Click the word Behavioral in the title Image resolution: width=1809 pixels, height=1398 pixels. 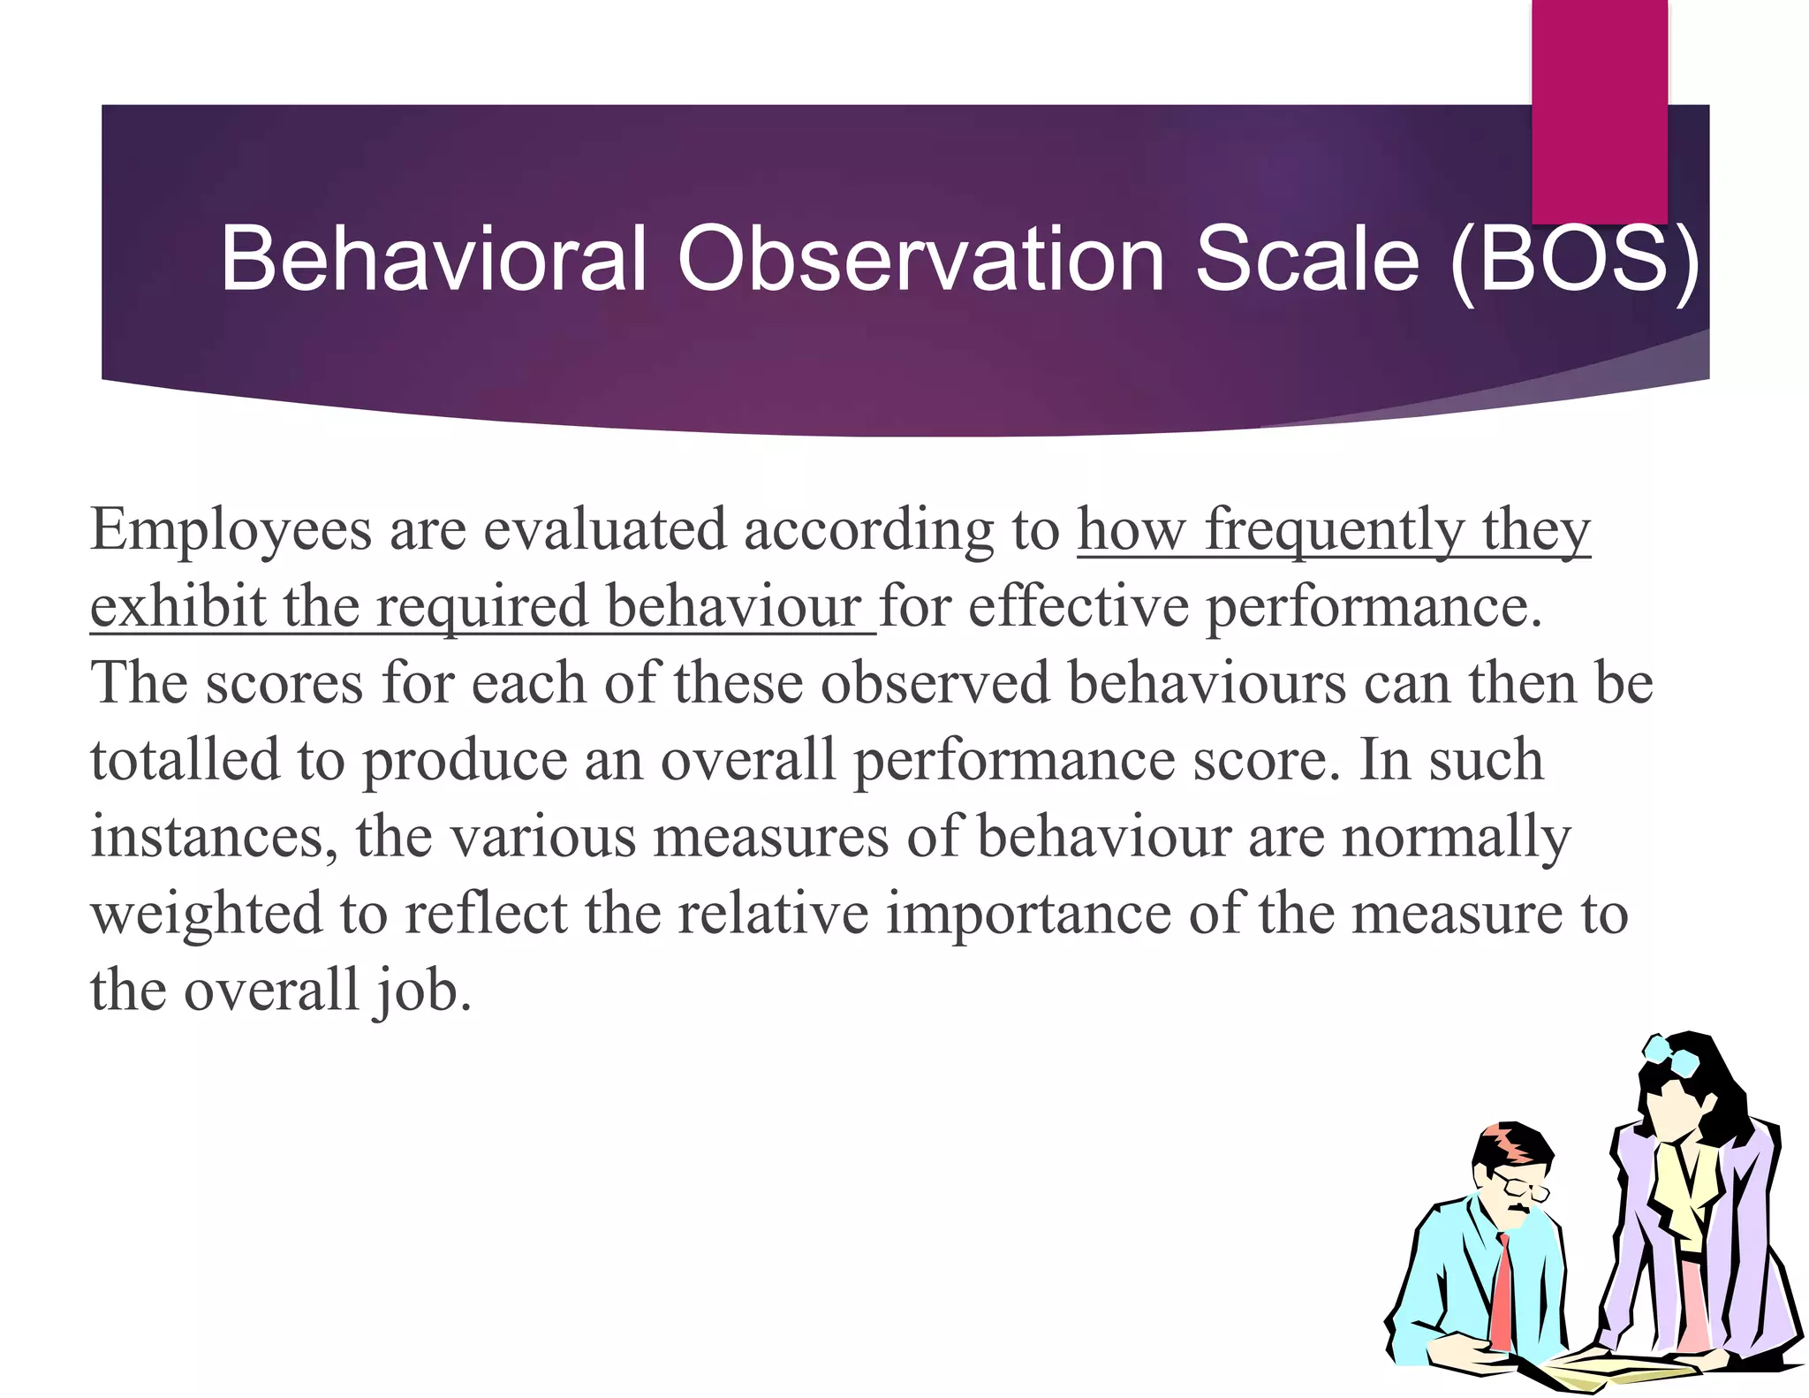point(433,258)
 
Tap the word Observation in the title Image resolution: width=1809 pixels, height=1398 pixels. point(920,258)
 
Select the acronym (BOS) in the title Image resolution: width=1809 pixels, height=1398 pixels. point(1574,260)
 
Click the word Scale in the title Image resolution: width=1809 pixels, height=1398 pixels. point(1307,258)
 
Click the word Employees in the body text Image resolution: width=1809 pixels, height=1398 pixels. point(231,532)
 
